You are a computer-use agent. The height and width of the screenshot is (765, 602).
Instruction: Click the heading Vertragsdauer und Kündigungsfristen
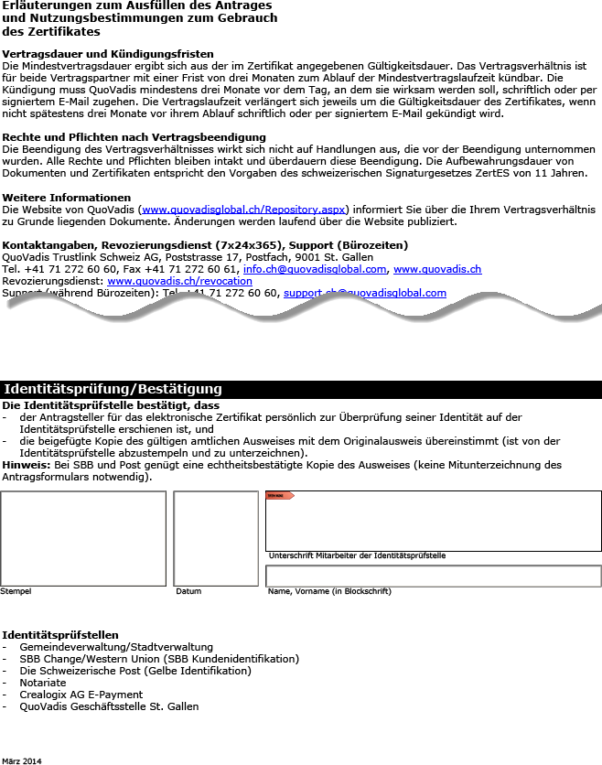pyautogui.click(x=108, y=54)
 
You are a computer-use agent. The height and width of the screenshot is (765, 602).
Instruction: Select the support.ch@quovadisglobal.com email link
pyautogui.click(x=365, y=293)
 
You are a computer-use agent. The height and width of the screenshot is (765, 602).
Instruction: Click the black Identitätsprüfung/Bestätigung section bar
pyautogui.click(x=301, y=390)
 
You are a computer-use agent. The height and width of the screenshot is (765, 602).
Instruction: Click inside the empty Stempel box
pyautogui.click(x=83, y=538)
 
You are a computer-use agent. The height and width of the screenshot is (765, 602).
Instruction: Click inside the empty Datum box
pyautogui.click(x=216, y=538)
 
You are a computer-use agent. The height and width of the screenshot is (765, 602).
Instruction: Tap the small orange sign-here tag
pyautogui.click(x=279, y=496)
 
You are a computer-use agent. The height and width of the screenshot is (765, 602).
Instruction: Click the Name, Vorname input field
pyautogui.click(x=433, y=576)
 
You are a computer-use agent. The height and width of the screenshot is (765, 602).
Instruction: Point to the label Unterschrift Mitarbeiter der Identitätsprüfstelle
pyautogui.click(x=357, y=555)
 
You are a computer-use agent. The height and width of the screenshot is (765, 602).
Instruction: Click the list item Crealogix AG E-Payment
pyautogui.click(x=81, y=695)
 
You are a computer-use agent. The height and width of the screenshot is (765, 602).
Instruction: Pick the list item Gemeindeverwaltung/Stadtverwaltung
pyautogui.click(x=116, y=647)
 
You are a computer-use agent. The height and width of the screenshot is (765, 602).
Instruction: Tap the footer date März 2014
pyautogui.click(x=21, y=760)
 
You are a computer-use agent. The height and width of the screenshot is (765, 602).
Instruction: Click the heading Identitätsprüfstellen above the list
pyautogui.click(x=60, y=635)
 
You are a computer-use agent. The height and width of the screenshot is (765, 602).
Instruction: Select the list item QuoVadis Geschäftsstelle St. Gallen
pyautogui.click(x=109, y=706)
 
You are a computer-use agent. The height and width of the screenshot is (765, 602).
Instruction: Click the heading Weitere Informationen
pyautogui.click(x=67, y=198)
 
